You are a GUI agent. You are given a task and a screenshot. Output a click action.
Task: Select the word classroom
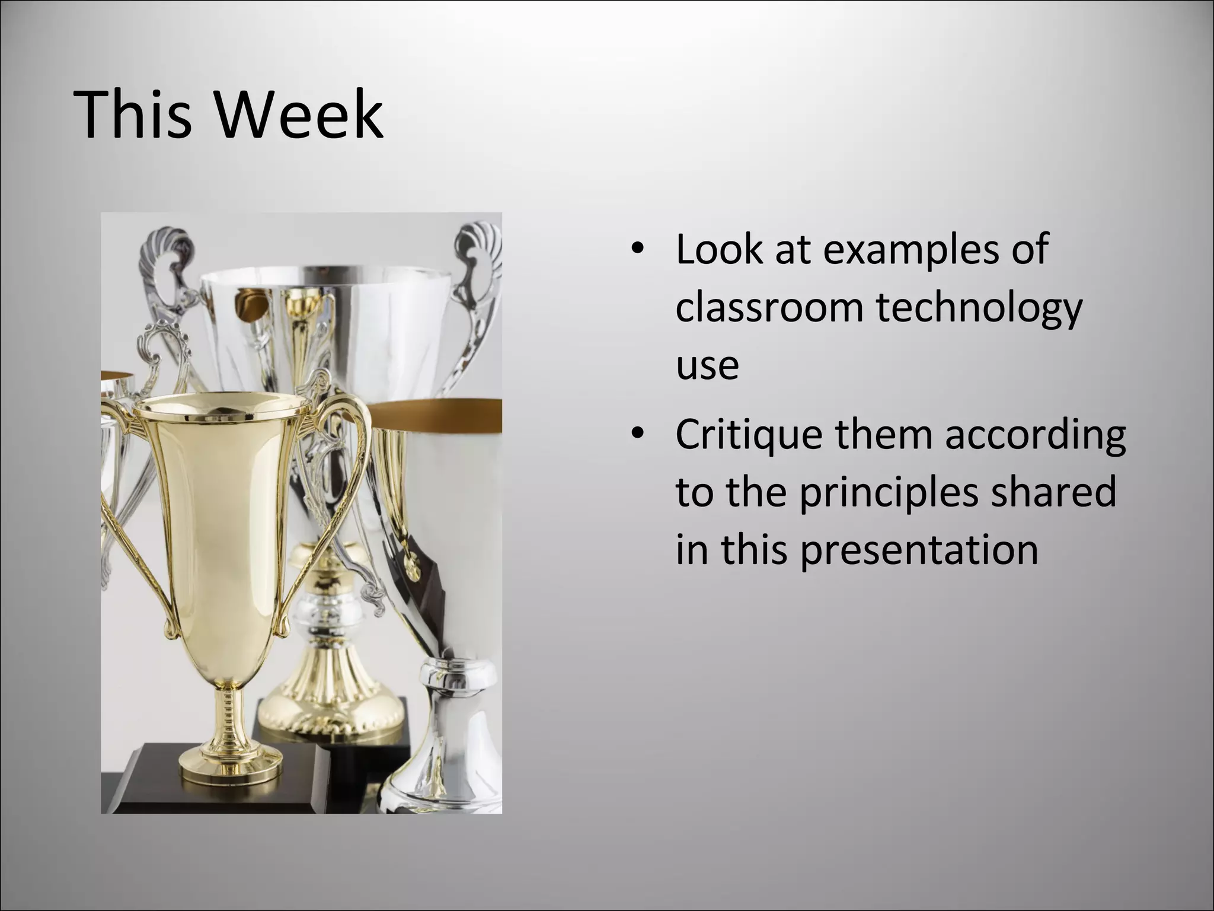(x=768, y=308)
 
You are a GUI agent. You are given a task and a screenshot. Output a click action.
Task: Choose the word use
(x=707, y=367)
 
